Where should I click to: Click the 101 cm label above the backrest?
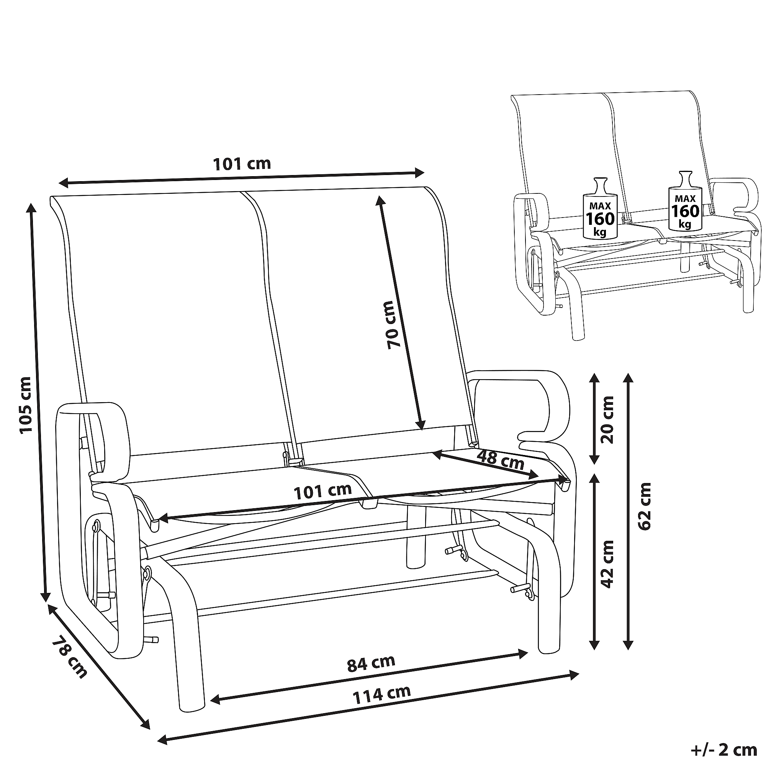[242, 164]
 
